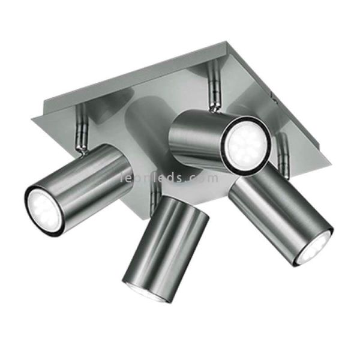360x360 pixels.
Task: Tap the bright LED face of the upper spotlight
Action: (244, 143)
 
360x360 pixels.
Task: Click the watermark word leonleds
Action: (151, 178)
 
